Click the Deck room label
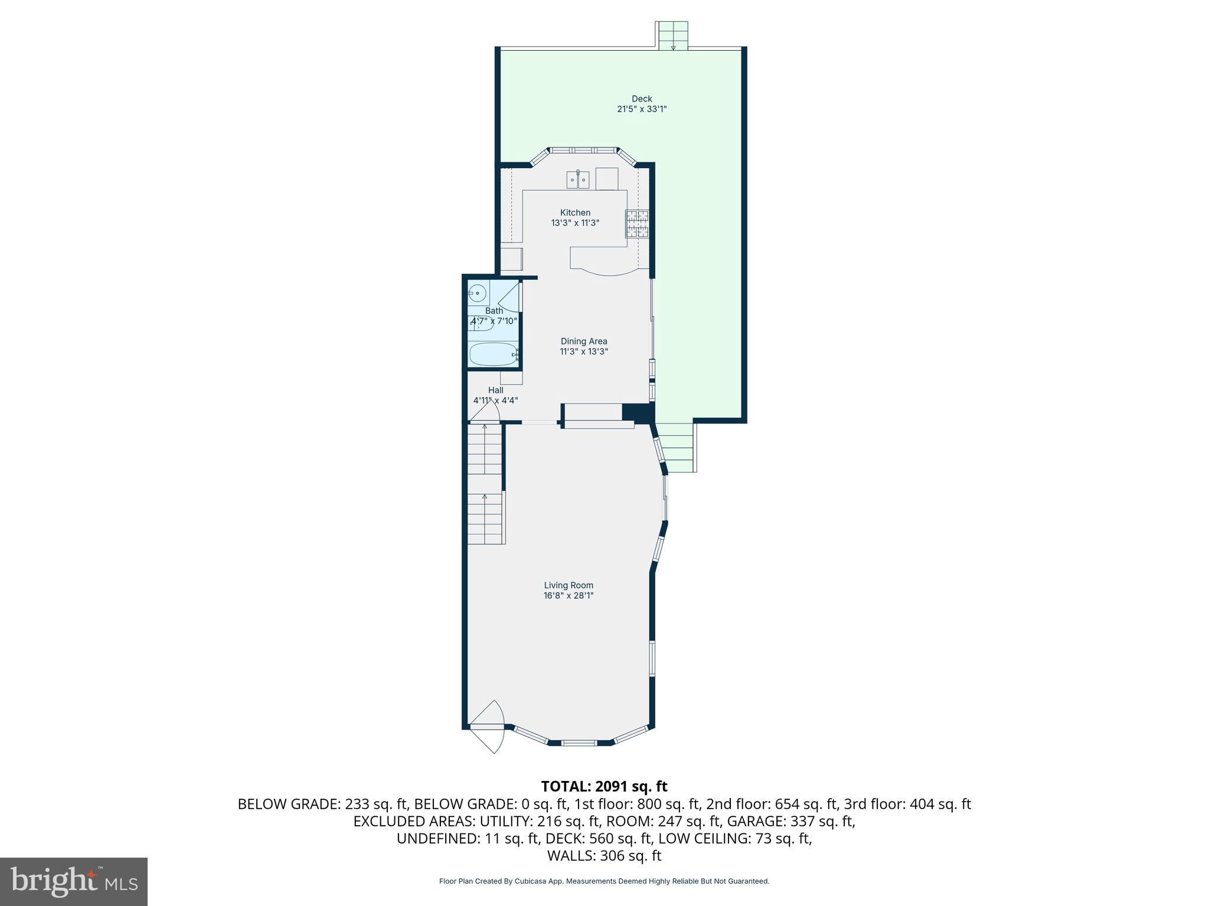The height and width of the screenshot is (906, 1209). coord(642,99)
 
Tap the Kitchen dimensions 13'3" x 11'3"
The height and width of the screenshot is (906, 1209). coord(575,223)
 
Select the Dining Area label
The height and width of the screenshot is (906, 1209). coord(584,341)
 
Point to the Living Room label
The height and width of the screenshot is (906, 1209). coord(568,585)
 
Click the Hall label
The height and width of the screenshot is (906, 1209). coord(496,390)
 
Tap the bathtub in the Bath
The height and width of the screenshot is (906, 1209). coord(494,354)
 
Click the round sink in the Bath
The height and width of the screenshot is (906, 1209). coord(477,292)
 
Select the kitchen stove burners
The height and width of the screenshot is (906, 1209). coord(638,224)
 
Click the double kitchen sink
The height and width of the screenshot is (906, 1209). coord(578,179)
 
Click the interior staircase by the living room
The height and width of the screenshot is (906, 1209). coord(485,484)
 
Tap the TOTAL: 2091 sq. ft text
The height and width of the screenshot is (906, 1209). coord(604,786)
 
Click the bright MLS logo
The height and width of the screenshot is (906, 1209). coord(74,881)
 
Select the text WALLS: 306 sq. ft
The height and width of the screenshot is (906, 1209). coord(604,856)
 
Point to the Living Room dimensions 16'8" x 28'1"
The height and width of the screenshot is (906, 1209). coord(568,596)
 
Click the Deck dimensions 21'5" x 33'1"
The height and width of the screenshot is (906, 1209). coord(642,109)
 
